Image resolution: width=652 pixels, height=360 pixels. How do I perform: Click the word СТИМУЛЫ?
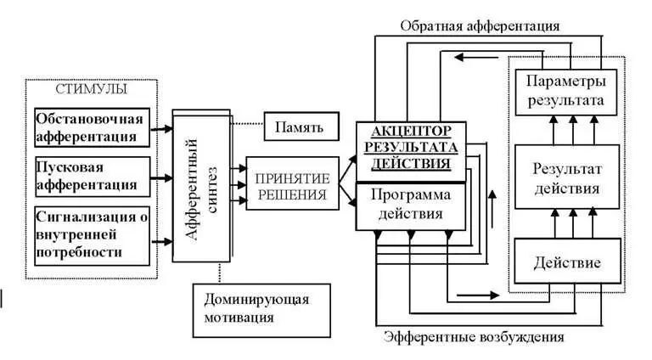click(x=92, y=88)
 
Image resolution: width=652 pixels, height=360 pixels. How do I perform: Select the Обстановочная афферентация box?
click(x=92, y=126)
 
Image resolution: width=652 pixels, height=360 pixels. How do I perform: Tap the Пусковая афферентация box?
click(x=92, y=173)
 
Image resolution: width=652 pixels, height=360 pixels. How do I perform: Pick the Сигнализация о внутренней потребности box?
click(x=92, y=232)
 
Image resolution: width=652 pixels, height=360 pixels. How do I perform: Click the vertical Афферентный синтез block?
click(x=202, y=185)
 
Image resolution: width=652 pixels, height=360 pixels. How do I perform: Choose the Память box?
click(x=299, y=127)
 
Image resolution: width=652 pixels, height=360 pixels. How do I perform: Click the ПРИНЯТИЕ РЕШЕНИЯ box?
click(x=288, y=186)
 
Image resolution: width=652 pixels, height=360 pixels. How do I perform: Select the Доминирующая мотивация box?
click(x=256, y=307)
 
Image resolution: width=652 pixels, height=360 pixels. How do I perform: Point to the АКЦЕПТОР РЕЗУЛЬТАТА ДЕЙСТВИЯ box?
click(x=411, y=146)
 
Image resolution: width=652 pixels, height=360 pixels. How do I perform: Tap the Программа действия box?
click(x=411, y=204)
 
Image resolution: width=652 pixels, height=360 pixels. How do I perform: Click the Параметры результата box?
click(x=565, y=92)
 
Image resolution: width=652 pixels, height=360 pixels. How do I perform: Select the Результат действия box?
click(x=565, y=177)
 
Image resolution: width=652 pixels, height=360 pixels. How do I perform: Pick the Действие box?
click(x=565, y=262)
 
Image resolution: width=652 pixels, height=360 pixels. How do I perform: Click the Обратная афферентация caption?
click(x=480, y=25)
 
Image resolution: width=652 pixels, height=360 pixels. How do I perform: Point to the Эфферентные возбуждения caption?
click(x=474, y=336)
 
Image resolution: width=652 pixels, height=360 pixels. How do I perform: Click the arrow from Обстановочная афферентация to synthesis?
click(x=161, y=129)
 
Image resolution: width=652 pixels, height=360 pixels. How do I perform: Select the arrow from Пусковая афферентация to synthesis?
click(x=161, y=178)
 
